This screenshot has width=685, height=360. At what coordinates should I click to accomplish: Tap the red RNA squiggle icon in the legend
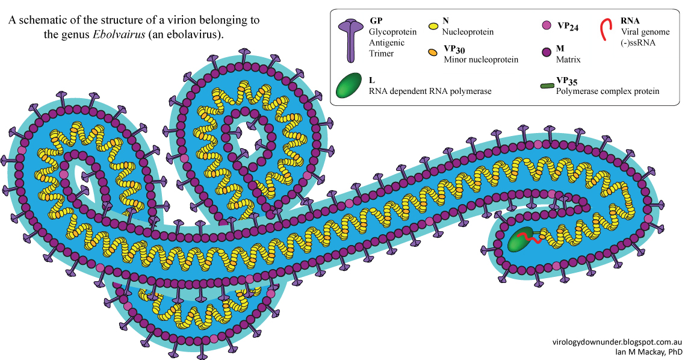point(608,29)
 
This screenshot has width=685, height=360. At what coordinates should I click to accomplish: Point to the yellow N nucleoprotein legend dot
point(432,26)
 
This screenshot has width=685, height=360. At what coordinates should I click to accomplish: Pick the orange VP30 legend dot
point(432,53)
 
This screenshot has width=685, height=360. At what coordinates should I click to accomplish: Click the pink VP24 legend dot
point(547,26)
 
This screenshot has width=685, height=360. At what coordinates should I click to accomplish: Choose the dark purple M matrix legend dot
point(547,53)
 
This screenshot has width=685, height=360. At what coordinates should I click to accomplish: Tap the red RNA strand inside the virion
point(530,240)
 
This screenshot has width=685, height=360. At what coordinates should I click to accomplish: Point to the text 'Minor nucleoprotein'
point(480,60)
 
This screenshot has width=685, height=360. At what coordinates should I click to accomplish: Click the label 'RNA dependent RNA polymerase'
point(430,92)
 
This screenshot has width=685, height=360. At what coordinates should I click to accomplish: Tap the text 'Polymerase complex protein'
point(607,92)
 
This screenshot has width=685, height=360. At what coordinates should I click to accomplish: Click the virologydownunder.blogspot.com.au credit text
point(617,341)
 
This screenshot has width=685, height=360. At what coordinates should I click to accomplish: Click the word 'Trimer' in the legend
point(382,53)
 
